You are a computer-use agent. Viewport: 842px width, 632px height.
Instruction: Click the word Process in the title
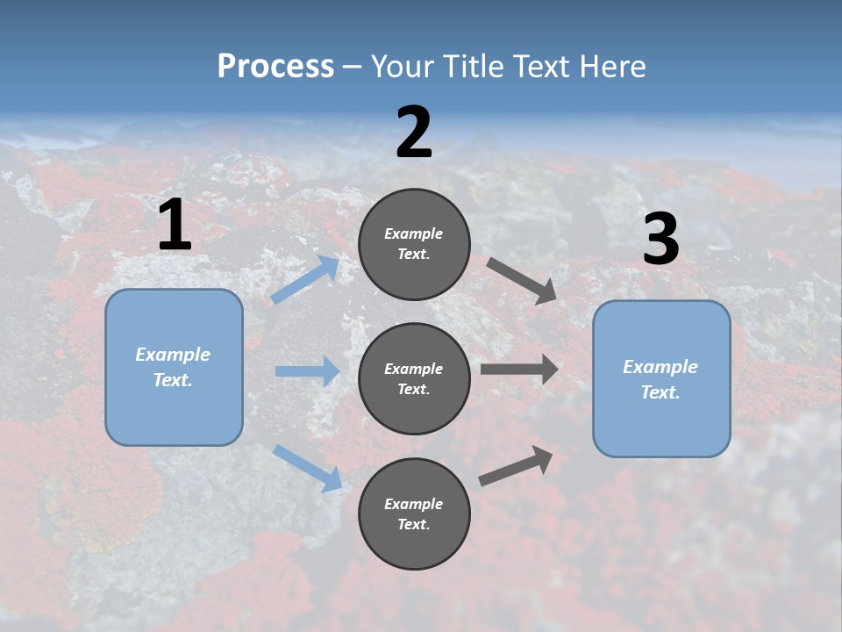[x=275, y=67]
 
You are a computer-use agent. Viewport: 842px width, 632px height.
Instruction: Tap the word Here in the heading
[x=610, y=67]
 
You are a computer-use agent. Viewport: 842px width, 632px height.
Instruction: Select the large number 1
[x=175, y=226]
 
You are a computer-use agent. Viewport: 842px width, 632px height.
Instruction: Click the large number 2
[x=414, y=133]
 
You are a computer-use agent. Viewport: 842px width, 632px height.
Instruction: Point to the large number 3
[x=660, y=240]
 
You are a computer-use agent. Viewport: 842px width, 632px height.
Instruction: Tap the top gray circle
[x=414, y=244]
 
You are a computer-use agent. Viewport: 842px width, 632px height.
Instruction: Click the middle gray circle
[x=414, y=378]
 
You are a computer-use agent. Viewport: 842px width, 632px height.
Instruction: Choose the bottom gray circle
[x=414, y=513]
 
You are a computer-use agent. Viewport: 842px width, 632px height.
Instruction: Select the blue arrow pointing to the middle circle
[x=307, y=371]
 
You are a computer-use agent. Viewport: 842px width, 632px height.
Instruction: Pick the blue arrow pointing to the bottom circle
[x=308, y=467]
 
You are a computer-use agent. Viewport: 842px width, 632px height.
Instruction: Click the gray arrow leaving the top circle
[x=521, y=280]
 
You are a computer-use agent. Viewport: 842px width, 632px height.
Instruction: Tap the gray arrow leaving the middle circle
[x=519, y=370]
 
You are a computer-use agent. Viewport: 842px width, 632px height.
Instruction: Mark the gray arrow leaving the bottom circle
[x=517, y=466]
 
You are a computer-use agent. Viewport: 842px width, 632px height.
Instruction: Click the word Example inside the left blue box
[x=173, y=355]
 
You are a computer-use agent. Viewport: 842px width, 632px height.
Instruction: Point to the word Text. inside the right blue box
[x=660, y=392]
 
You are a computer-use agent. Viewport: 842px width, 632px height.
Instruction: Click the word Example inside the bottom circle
[x=414, y=504]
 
